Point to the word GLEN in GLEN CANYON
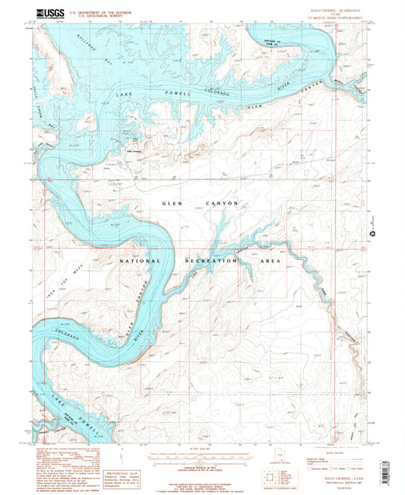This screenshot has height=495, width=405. [x=174, y=204]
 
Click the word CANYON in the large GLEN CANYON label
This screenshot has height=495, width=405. [x=222, y=204]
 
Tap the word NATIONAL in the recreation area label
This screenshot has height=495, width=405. [x=141, y=261]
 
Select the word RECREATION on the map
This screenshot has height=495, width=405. [x=211, y=261]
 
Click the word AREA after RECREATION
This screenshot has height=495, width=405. [x=271, y=261]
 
